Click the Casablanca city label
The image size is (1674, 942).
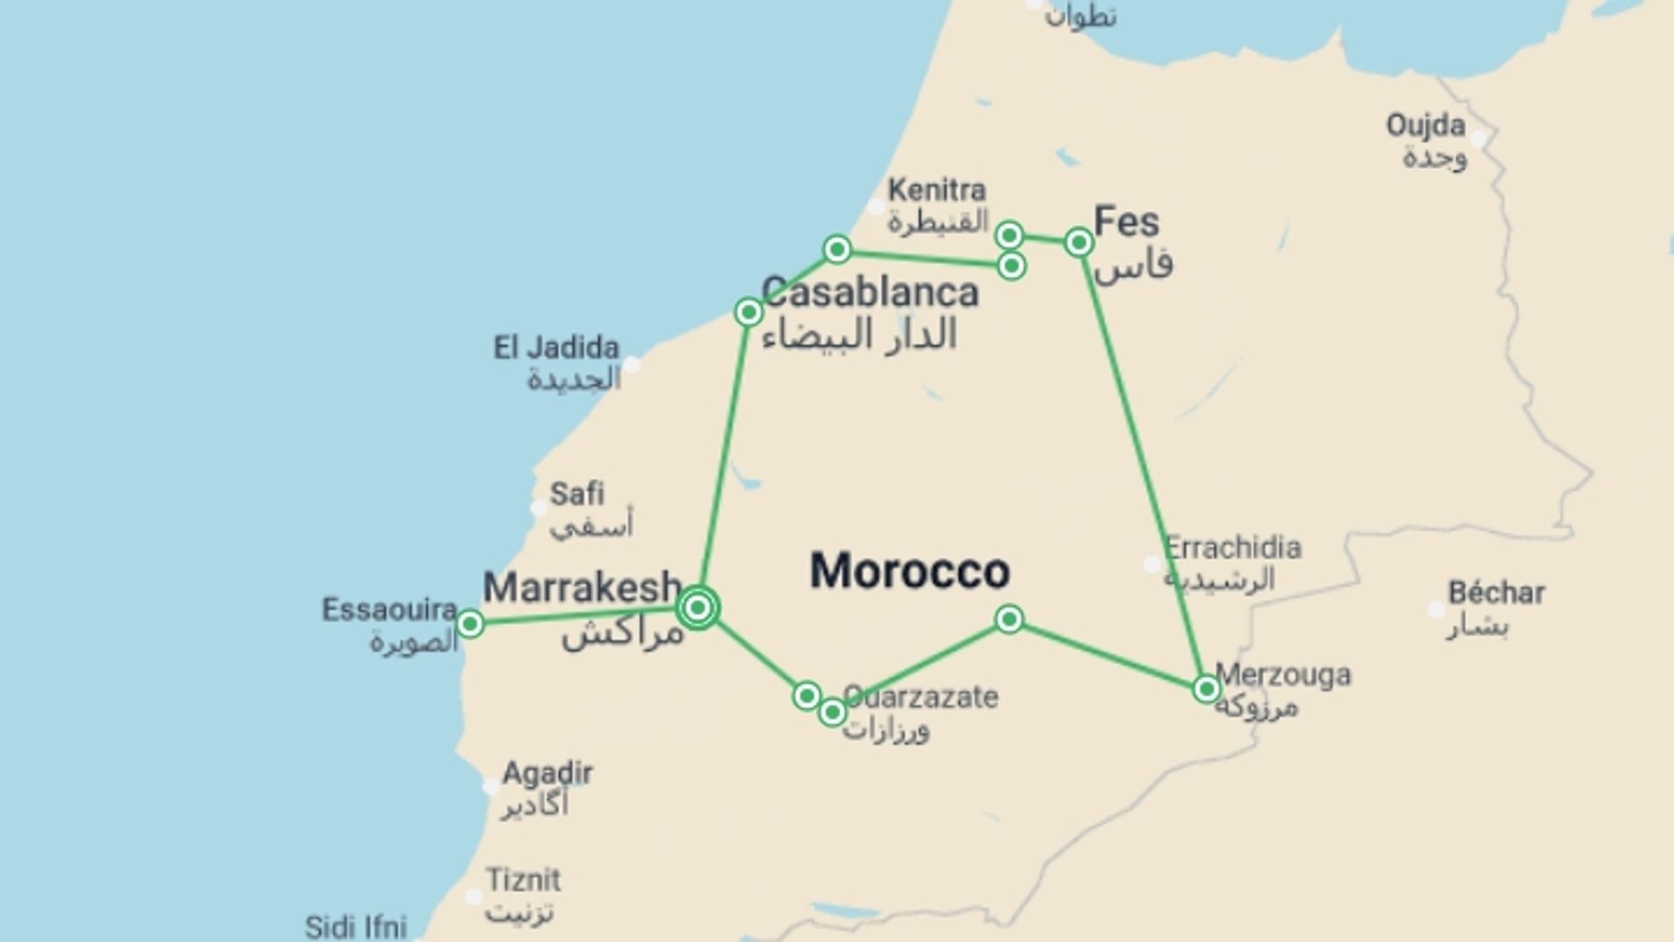pyautogui.click(x=870, y=293)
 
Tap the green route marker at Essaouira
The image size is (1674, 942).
pyautogui.click(x=470, y=624)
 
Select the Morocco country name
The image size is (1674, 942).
pyautogui.click(x=909, y=571)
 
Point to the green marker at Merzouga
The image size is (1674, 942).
pyautogui.click(x=1206, y=689)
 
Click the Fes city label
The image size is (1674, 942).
pyautogui.click(x=1126, y=222)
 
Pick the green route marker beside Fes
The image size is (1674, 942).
pyautogui.click(x=1079, y=242)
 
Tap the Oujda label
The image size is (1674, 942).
pyautogui.click(x=1426, y=126)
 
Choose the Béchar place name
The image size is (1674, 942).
pyautogui.click(x=1496, y=593)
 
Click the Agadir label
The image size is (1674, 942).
pyautogui.click(x=548, y=774)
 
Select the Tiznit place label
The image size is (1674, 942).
pyautogui.click(x=523, y=880)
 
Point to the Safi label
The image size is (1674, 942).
pyautogui.click(x=576, y=495)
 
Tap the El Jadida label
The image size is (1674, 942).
pyautogui.click(x=556, y=348)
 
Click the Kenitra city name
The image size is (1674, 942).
pyautogui.click(x=937, y=190)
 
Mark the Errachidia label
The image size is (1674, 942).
pyautogui.click(x=1233, y=549)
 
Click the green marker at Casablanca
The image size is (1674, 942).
pyautogui.click(x=748, y=312)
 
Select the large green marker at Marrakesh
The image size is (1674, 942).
pyautogui.click(x=697, y=607)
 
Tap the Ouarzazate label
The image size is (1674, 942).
pyautogui.click(x=921, y=697)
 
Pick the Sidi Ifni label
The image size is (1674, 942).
pyautogui.click(x=356, y=926)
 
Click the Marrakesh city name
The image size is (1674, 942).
pyautogui.click(x=582, y=588)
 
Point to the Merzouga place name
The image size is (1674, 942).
pyautogui.click(x=1283, y=675)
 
